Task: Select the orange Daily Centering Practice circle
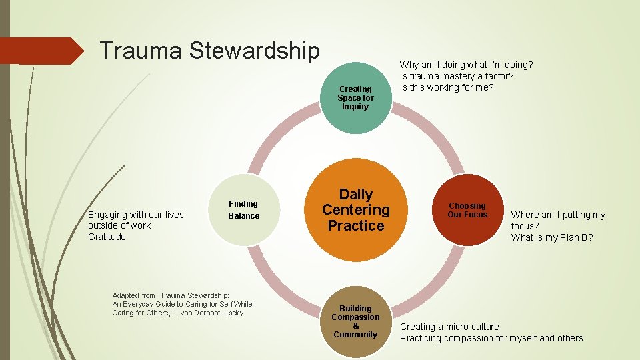click(x=356, y=210)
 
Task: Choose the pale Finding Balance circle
click(x=243, y=209)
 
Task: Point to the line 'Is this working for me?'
click(x=447, y=87)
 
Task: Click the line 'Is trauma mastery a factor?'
click(x=457, y=76)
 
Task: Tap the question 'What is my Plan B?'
click(x=552, y=237)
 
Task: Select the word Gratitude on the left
click(x=107, y=237)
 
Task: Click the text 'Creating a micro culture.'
click(x=451, y=327)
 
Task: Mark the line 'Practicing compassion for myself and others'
click(x=491, y=338)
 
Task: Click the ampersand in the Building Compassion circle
click(x=355, y=326)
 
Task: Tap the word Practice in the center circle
click(x=356, y=225)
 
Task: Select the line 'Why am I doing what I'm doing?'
click(x=466, y=65)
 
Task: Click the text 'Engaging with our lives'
click(x=136, y=215)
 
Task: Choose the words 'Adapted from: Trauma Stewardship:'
click(x=171, y=295)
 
